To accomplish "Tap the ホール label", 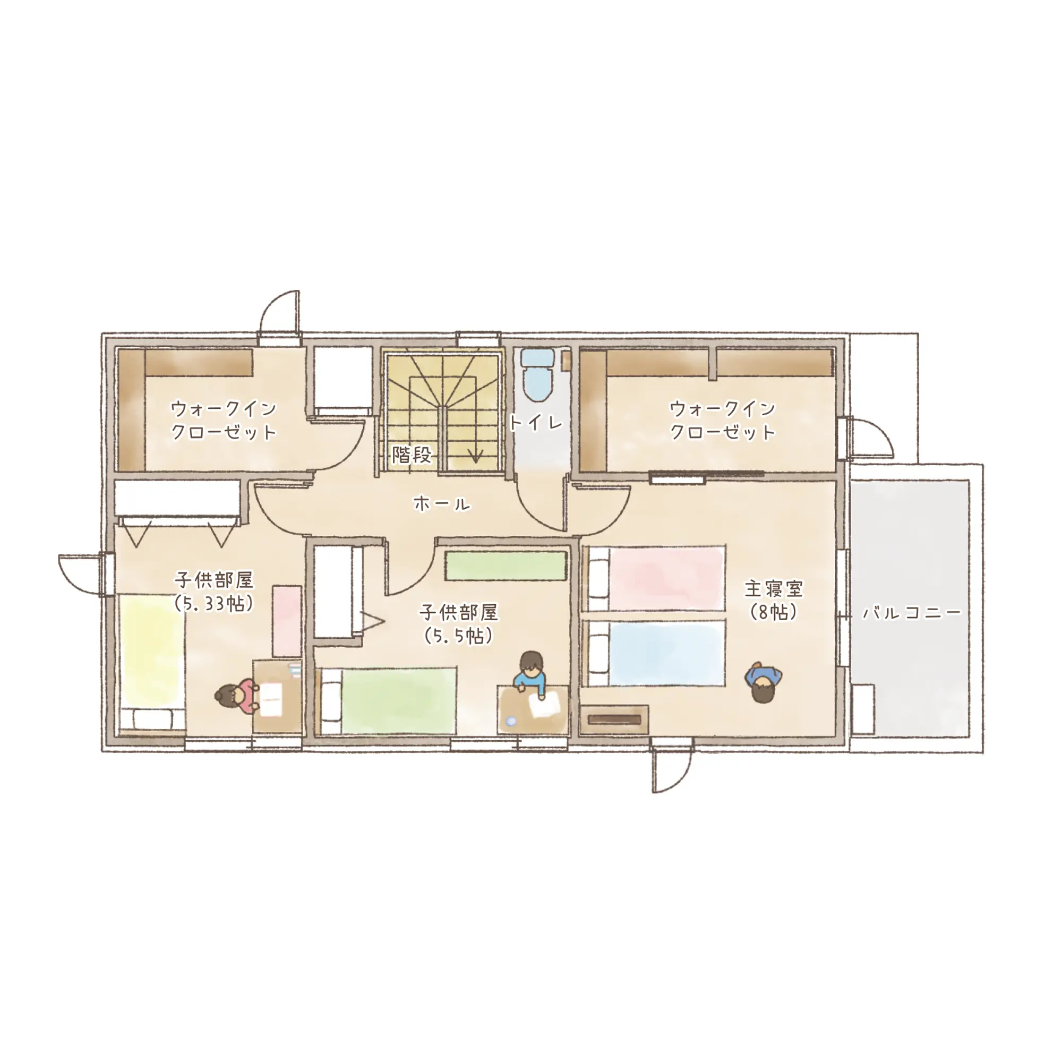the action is [442, 503].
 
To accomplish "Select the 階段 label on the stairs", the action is [412, 455].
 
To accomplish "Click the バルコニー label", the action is [912, 612].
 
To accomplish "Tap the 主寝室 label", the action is [774, 589].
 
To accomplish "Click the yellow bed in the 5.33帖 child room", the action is [152, 663].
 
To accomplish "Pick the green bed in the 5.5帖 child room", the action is [387, 701].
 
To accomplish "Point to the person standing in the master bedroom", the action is [764, 682].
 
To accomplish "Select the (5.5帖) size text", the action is [458, 636].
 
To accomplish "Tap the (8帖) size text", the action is [774, 612].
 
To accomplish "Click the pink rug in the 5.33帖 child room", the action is [287, 621].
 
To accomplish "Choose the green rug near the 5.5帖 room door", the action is [506, 566].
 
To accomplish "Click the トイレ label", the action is [536, 423].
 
